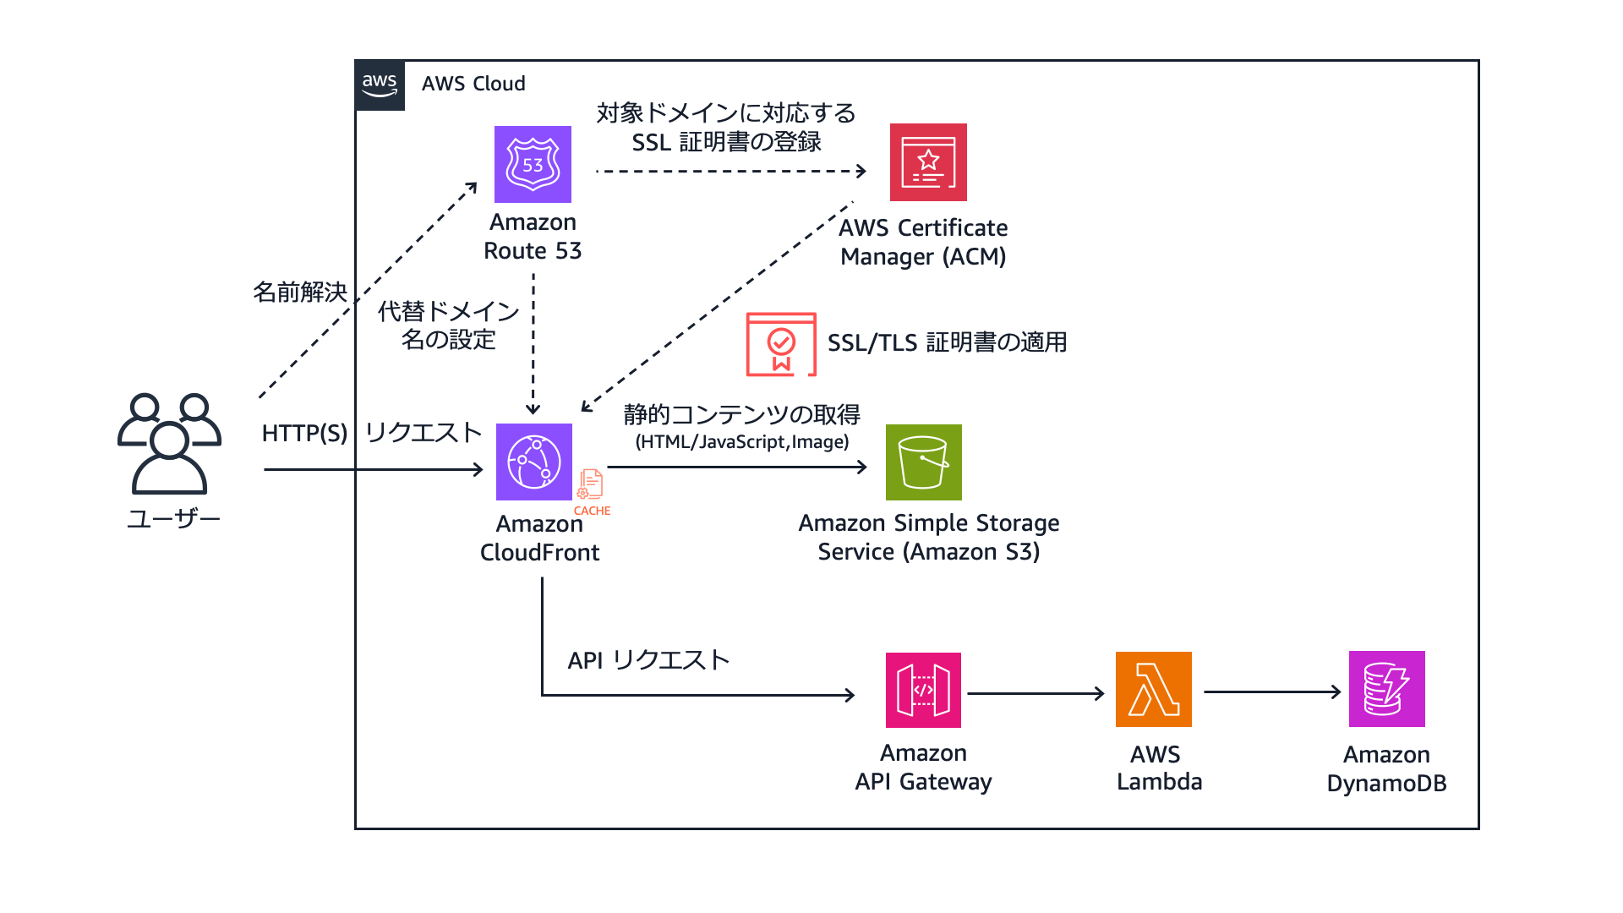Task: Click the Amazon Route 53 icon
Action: pyautogui.click(x=533, y=164)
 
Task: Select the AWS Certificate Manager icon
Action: pyautogui.click(x=928, y=162)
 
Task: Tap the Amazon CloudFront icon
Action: pyautogui.click(x=534, y=462)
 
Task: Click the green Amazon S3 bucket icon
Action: pyautogui.click(x=923, y=462)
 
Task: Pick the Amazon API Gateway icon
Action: pyautogui.click(x=923, y=690)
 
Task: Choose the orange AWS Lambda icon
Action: pyautogui.click(x=1153, y=689)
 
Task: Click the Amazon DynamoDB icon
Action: pyautogui.click(x=1386, y=689)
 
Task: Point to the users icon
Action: pyautogui.click(x=169, y=443)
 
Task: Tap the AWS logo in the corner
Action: pyautogui.click(x=380, y=85)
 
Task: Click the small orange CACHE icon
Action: pyautogui.click(x=591, y=486)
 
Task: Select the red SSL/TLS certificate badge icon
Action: pyautogui.click(x=781, y=344)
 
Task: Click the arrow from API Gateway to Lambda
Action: pyautogui.click(x=1036, y=693)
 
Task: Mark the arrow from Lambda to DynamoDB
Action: pyautogui.click(x=1272, y=692)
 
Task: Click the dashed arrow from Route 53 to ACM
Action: pyautogui.click(x=731, y=171)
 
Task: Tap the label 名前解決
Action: pyautogui.click(x=300, y=292)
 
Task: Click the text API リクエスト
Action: pyautogui.click(x=648, y=660)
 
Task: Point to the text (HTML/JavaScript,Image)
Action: pyautogui.click(x=742, y=442)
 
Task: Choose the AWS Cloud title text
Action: pyautogui.click(x=473, y=84)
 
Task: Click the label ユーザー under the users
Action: pyautogui.click(x=173, y=518)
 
